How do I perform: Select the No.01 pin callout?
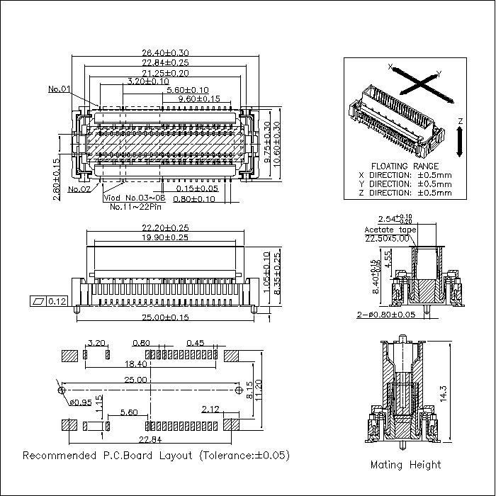(x=60, y=89)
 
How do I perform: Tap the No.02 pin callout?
(x=79, y=189)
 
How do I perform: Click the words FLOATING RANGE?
(x=405, y=166)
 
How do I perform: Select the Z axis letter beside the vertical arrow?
(x=460, y=122)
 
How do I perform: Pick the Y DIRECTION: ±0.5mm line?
(x=405, y=184)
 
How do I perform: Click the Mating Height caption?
(x=405, y=465)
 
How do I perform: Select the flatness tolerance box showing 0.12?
(x=50, y=302)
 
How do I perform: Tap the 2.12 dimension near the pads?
(x=210, y=409)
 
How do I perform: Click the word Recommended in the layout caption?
(x=55, y=455)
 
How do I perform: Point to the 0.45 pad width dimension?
(x=195, y=343)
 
